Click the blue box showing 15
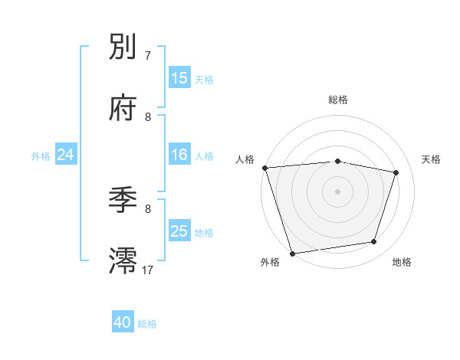[179, 78]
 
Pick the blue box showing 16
[179, 155]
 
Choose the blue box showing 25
[179, 231]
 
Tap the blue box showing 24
[66, 155]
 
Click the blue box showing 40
[123, 323]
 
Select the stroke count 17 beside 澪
[148, 269]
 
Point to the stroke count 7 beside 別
[148, 55]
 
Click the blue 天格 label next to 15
[204, 79]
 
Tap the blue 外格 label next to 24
[41, 155]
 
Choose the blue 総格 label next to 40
[147, 324]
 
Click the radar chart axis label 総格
[338, 100]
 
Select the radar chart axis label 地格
[402, 262]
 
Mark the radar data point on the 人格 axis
[264, 168]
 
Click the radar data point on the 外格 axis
[292, 253]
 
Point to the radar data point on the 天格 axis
[396, 172]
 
